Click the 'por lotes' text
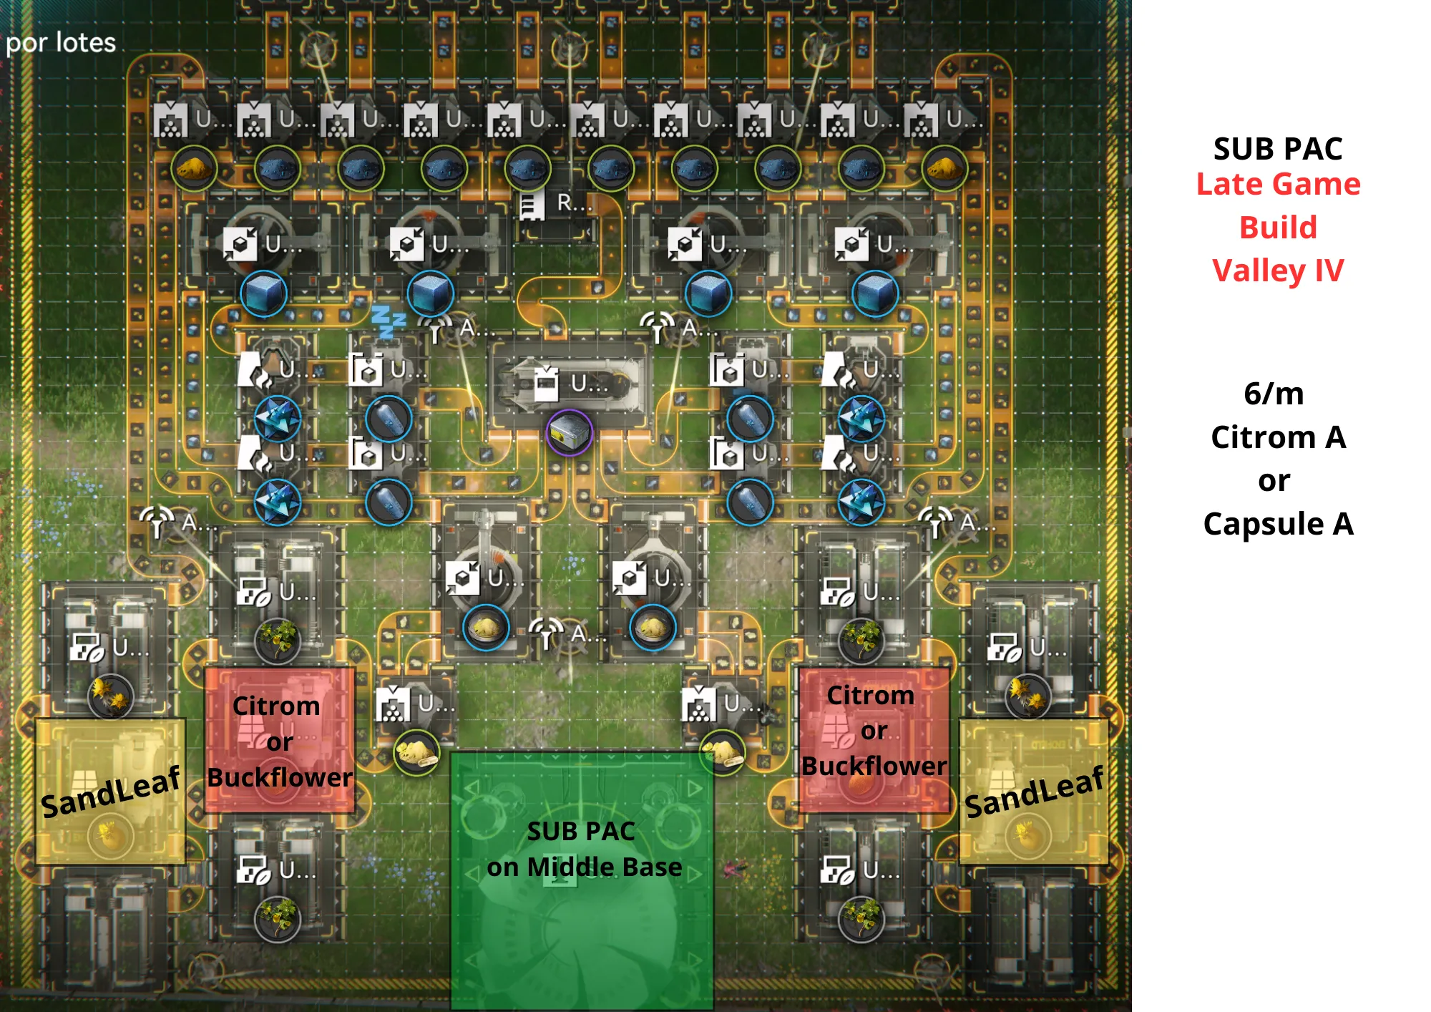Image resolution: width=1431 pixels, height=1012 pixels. tap(61, 43)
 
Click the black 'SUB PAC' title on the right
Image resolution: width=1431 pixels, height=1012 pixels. tap(1278, 149)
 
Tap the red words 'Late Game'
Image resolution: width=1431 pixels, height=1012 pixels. tap(1278, 185)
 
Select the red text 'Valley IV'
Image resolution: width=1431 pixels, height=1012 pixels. tap(1278, 271)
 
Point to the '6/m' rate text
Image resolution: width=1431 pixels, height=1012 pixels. tap(1274, 394)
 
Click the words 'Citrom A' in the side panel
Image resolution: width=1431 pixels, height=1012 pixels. tap(1278, 437)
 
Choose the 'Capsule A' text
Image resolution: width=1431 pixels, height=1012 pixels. tap(1278, 524)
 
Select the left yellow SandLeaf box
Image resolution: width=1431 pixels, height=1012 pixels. tap(110, 792)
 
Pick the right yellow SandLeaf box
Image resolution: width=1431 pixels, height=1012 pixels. tap(1033, 792)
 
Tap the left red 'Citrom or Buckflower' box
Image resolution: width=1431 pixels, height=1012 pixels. tap(280, 740)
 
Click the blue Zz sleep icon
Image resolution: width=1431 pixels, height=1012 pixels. tap(388, 321)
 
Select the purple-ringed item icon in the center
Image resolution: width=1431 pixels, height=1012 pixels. tap(569, 432)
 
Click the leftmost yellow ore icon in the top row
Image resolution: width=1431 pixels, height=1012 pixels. tap(194, 169)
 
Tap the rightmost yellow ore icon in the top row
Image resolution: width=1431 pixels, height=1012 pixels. tap(944, 169)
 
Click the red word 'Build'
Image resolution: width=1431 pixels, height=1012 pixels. tap(1278, 228)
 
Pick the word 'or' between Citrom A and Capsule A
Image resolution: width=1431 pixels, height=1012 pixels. tap(1274, 480)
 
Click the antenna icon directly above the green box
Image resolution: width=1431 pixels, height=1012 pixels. tap(547, 633)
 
